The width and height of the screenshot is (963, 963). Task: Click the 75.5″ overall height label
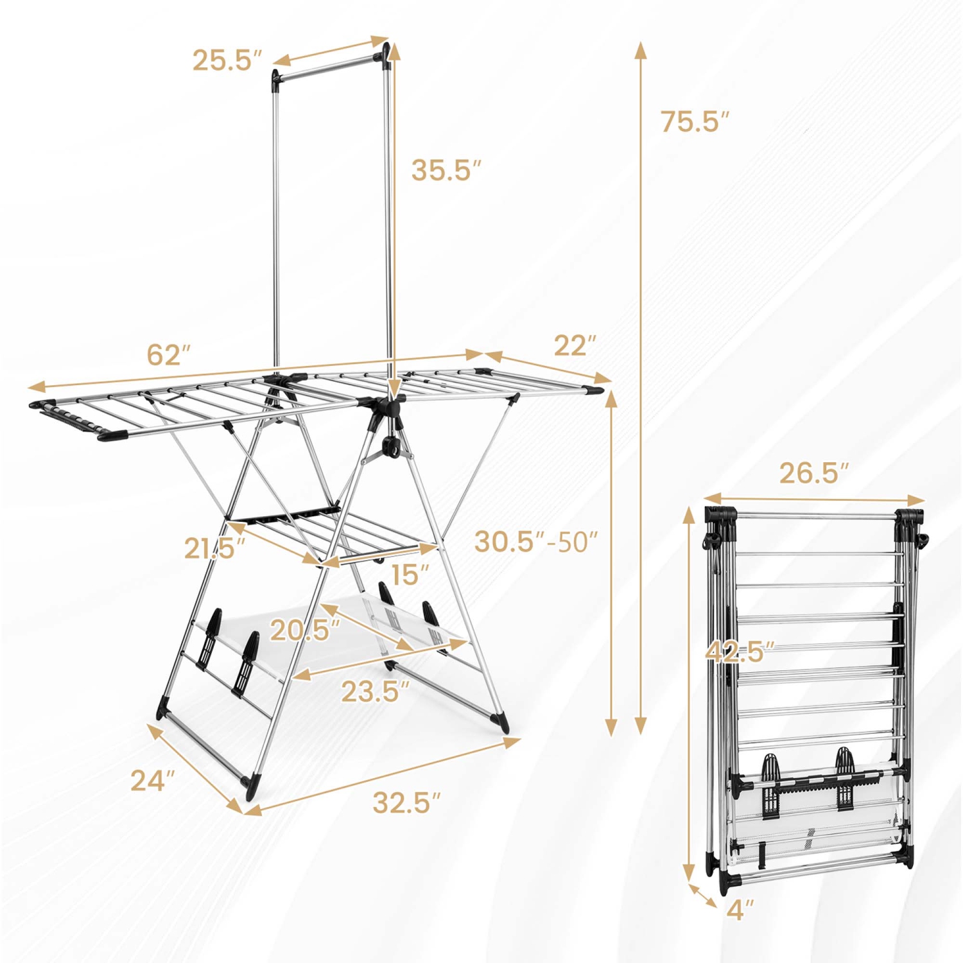click(x=695, y=121)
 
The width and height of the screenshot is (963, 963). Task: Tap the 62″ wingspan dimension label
click(x=169, y=354)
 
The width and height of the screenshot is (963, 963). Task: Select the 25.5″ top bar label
click(x=227, y=60)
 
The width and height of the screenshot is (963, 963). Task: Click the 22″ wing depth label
click(x=575, y=345)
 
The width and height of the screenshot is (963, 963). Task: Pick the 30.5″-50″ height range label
click(x=536, y=542)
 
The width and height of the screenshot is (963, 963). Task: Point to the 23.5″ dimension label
click(x=375, y=691)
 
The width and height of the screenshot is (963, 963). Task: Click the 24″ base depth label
click(x=153, y=781)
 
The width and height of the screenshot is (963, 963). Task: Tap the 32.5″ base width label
click(x=407, y=802)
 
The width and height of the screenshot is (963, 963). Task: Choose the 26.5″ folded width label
click(x=814, y=473)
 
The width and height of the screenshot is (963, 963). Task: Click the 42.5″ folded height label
click(x=740, y=652)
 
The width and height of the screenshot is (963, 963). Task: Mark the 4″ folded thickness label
click(x=740, y=910)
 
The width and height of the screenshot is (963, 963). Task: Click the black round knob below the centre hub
click(x=390, y=447)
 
